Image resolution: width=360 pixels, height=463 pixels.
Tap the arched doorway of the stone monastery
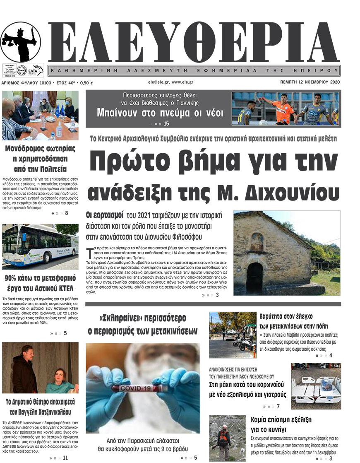coord(254,277)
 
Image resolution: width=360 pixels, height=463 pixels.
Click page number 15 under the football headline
coord(167,123)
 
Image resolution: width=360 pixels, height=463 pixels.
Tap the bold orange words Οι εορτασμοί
coord(105,215)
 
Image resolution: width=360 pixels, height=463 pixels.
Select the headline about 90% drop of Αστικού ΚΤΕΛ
coord(41,283)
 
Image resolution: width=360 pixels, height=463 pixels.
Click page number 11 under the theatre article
coord(65,458)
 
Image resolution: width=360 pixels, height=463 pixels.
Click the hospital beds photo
coord(315,386)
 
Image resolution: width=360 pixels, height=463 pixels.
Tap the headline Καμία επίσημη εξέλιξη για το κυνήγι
coord(281,424)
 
